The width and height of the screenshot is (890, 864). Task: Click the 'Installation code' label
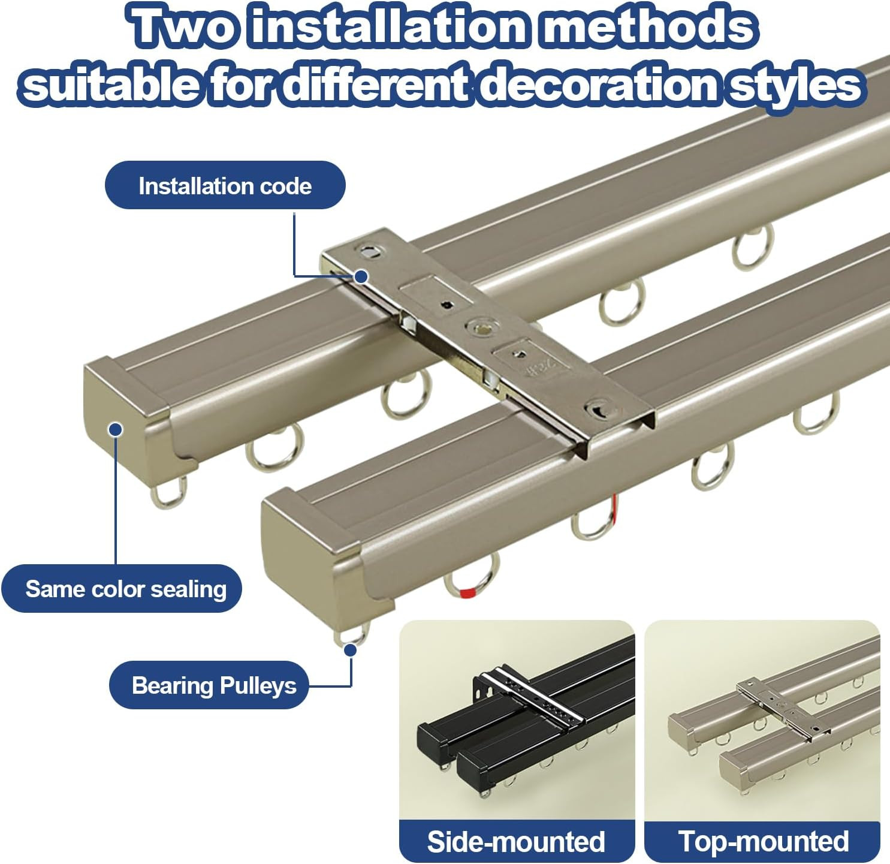225,185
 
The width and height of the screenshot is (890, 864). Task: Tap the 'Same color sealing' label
122,589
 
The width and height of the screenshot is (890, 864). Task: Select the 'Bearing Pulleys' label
209,685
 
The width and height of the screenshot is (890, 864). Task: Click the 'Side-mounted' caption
517,841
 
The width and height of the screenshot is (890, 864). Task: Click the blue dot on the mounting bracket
361,276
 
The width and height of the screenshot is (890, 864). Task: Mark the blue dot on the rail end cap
116,430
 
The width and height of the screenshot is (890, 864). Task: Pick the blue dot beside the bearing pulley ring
351,651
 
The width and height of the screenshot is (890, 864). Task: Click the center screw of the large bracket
478,327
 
